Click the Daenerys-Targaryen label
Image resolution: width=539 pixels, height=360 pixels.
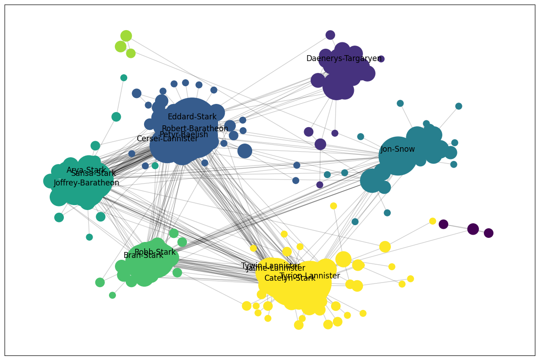(x=344, y=59)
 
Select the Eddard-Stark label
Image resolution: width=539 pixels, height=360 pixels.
(x=192, y=117)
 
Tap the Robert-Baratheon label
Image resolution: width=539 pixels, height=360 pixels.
(x=195, y=129)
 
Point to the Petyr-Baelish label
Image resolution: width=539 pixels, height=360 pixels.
(x=184, y=135)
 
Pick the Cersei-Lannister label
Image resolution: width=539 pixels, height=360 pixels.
(x=167, y=139)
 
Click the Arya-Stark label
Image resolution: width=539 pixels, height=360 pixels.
(x=86, y=170)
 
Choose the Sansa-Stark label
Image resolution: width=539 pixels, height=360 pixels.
(x=93, y=174)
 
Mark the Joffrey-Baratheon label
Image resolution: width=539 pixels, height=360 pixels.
(x=86, y=183)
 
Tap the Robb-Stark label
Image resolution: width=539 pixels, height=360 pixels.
(x=155, y=252)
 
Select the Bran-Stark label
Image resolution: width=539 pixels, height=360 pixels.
(x=143, y=256)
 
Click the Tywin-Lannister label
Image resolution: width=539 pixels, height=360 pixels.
(x=270, y=266)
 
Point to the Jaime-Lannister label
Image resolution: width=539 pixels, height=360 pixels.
(x=275, y=268)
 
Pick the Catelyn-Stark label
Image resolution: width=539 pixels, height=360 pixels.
(x=290, y=278)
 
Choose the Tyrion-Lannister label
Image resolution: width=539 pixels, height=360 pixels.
(x=310, y=276)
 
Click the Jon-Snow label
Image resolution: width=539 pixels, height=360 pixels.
(x=398, y=149)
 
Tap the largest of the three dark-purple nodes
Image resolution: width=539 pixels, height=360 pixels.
(x=473, y=229)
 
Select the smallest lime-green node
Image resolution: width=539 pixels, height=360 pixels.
(x=131, y=53)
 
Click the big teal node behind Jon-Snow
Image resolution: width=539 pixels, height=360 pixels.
(x=398, y=156)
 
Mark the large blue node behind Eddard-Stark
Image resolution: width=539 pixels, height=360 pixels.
(x=192, y=119)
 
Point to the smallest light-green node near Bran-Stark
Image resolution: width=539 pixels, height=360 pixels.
(x=112, y=295)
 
